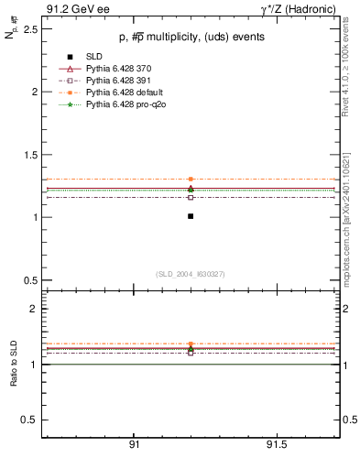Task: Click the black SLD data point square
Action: click(x=191, y=216)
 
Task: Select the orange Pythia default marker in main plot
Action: click(x=191, y=179)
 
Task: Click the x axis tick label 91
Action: click(x=134, y=446)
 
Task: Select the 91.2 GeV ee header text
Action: click(x=69, y=9)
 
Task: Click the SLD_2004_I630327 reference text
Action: click(x=191, y=274)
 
